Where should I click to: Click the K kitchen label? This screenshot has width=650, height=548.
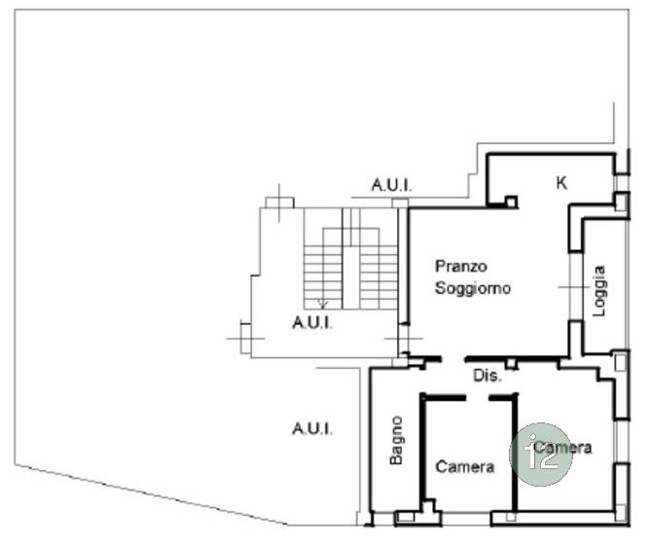tap(561, 182)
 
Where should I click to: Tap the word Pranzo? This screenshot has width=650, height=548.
tap(460, 266)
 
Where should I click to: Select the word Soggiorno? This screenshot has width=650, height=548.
tap(473, 288)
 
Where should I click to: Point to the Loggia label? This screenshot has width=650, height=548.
tap(599, 291)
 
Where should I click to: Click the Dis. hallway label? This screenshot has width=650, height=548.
tap(487, 376)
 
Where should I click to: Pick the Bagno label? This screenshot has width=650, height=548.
tap(396, 440)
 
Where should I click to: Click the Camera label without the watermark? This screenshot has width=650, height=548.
tap(465, 467)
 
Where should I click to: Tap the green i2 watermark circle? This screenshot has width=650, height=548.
tap(541, 455)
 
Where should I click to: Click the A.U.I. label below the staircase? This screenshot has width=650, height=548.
tap(312, 322)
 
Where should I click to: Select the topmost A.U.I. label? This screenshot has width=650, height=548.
tap(392, 185)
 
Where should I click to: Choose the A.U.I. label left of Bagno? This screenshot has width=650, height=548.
tap(312, 428)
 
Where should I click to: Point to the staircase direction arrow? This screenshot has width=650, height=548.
tap(322, 304)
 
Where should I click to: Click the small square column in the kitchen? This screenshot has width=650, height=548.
tap(511, 201)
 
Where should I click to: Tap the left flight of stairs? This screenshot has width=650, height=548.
tap(323, 277)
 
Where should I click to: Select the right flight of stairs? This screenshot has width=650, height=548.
tap(379, 277)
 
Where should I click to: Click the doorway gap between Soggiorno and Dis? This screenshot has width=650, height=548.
tap(453, 359)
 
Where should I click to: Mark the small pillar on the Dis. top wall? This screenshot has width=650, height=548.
tap(512, 364)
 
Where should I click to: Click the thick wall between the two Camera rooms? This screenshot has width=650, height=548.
tap(515, 454)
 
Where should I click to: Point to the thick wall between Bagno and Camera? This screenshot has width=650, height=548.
tap(423, 450)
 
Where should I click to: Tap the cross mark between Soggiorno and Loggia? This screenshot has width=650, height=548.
tap(574, 287)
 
